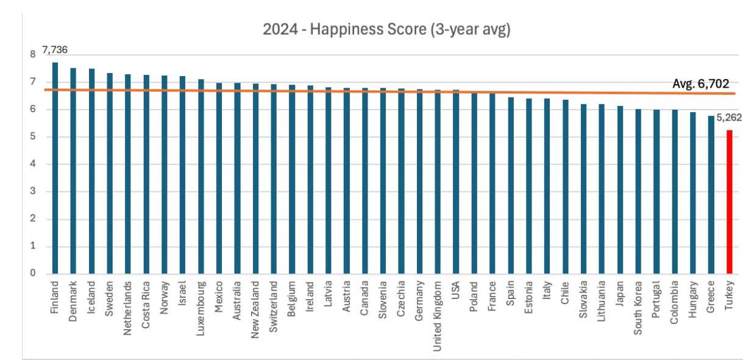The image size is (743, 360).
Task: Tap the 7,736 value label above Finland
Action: [x=54, y=49]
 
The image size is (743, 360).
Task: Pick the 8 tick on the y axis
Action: [x=33, y=54]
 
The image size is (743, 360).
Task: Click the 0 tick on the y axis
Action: [x=33, y=274]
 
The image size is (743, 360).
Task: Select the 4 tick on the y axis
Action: [x=33, y=164]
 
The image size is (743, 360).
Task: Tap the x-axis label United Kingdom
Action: [x=438, y=308]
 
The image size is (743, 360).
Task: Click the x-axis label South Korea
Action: [x=638, y=302]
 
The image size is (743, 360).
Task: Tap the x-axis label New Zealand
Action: [x=255, y=301]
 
